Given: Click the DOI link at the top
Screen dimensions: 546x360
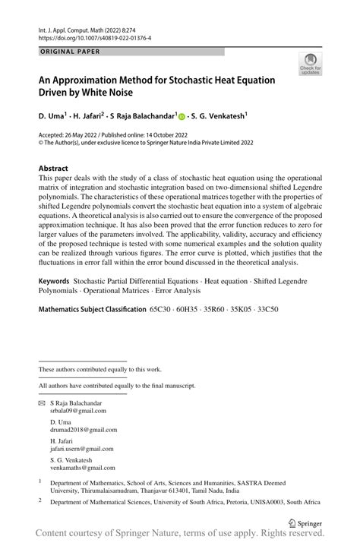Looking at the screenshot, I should (94, 37).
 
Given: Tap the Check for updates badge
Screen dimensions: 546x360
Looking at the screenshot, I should (310, 65).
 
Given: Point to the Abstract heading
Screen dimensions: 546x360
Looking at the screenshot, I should (53, 169).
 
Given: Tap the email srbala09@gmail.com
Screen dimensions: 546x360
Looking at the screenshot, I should (78, 411).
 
